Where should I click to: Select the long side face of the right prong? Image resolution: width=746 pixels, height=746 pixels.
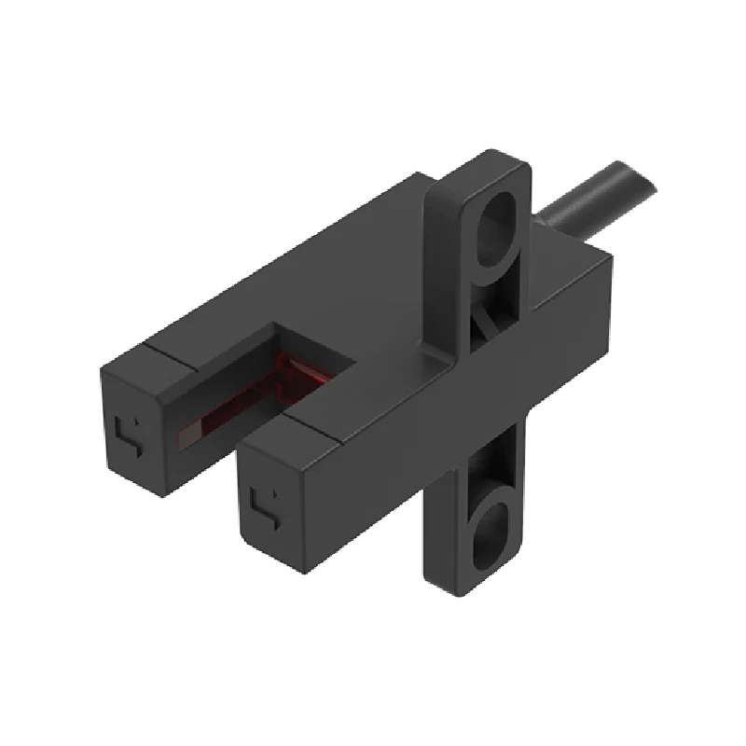[x=373, y=466]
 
